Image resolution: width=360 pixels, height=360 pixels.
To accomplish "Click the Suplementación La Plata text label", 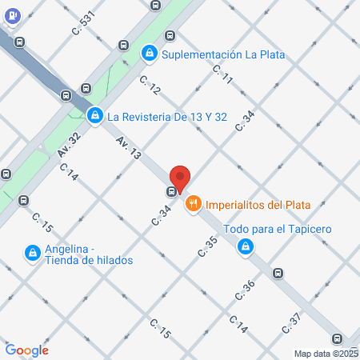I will [x=223, y=54].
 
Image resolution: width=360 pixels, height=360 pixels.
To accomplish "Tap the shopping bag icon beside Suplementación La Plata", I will [x=149, y=54].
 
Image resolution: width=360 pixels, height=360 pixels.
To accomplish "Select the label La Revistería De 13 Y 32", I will [x=168, y=117].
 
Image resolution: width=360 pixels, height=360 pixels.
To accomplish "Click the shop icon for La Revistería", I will [x=95, y=117].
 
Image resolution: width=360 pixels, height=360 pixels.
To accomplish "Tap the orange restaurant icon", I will [x=193, y=205].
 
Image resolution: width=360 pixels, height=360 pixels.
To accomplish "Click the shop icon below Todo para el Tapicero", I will [x=242, y=249].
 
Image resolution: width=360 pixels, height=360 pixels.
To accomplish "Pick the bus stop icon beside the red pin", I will [x=171, y=192].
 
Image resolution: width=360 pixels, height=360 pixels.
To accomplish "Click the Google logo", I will [x=27, y=350].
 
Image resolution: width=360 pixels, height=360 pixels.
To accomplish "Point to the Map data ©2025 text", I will [x=326, y=354].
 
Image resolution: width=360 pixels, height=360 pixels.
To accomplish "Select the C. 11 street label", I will [x=222, y=74].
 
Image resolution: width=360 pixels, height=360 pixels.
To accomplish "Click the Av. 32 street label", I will [x=70, y=144].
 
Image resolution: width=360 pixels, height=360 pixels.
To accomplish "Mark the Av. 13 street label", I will [x=128, y=146].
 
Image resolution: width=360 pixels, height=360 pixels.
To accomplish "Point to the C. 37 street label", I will [x=291, y=322].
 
